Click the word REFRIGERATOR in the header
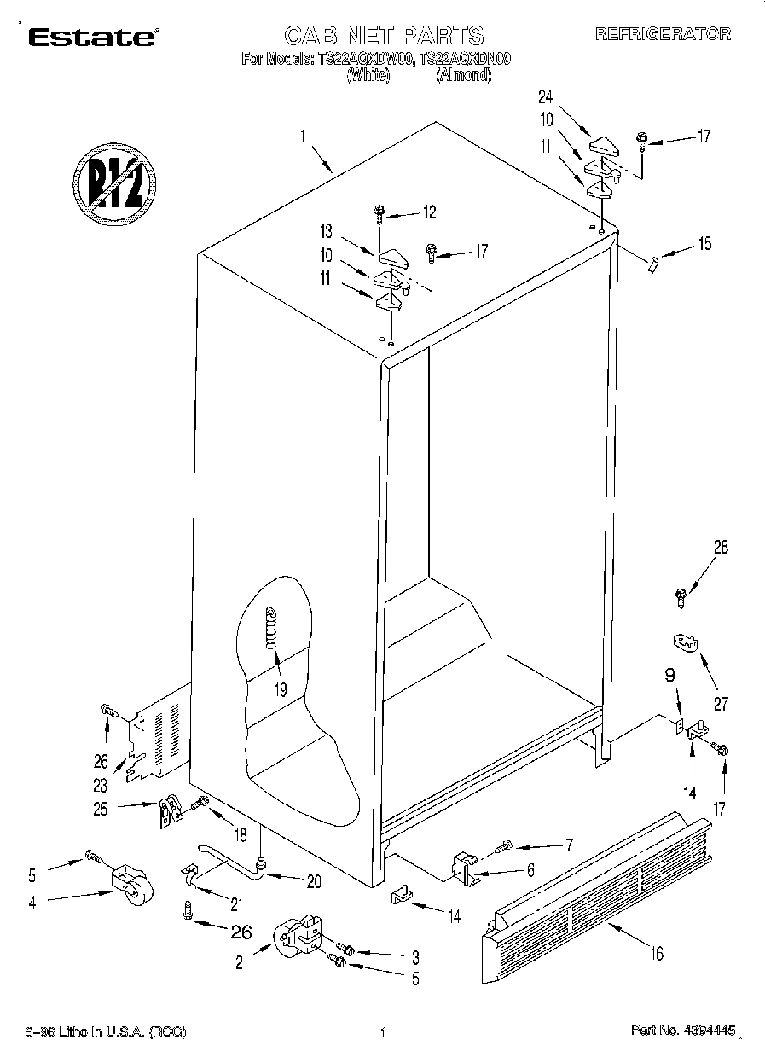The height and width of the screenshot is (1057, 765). click(x=663, y=34)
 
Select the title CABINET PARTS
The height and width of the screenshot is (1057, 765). click(x=383, y=35)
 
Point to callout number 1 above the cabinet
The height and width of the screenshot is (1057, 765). click(x=301, y=135)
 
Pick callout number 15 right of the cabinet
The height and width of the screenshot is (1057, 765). click(x=703, y=244)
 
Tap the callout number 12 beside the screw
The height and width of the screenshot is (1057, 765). click(x=428, y=212)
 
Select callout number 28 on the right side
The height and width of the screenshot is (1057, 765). click(x=721, y=549)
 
